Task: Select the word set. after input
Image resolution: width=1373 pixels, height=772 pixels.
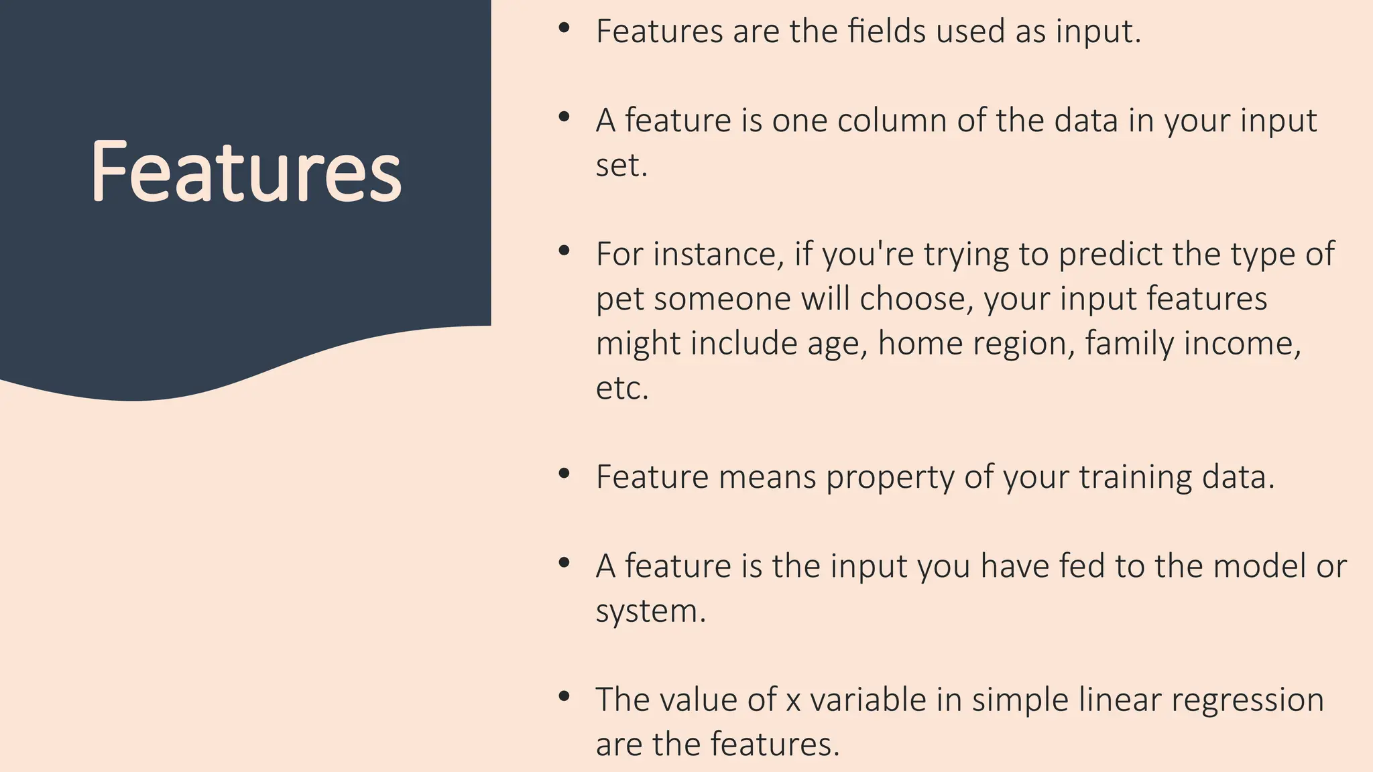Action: point(621,165)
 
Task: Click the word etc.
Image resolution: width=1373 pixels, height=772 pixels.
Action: point(622,388)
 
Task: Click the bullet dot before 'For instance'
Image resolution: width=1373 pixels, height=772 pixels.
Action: point(564,251)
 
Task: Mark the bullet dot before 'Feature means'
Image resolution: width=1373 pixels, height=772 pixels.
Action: point(564,474)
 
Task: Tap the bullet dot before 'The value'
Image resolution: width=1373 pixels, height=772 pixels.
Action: point(564,697)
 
